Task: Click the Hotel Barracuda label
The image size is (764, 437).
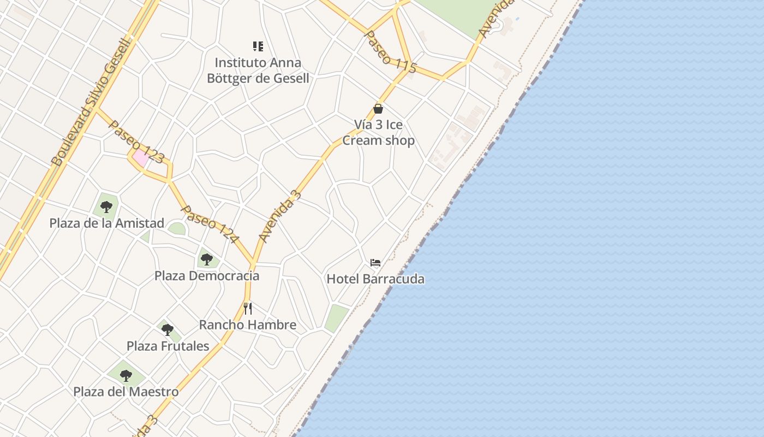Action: (x=375, y=279)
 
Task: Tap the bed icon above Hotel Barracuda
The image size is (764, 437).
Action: (x=375, y=263)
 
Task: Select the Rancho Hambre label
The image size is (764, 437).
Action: (x=248, y=324)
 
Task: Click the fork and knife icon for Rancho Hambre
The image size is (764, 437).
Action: (x=248, y=309)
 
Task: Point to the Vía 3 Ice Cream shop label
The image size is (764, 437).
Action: (x=378, y=132)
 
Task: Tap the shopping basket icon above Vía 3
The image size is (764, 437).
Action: (x=378, y=109)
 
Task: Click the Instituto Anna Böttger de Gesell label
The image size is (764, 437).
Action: (x=258, y=70)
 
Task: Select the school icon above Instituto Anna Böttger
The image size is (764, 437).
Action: (x=258, y=46)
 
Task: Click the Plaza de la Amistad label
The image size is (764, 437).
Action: (x=107, y=223)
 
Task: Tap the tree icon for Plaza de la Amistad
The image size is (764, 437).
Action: (x=106, y=206)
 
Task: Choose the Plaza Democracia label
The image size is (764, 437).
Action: (x=207, y=275)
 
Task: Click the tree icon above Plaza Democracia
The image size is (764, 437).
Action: (x=206, y=259)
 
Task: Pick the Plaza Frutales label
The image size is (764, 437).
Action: (x=168, y=346)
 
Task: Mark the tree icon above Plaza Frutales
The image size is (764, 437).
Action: (x=168, y=330)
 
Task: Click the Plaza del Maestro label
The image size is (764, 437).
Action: (x=126, y=392)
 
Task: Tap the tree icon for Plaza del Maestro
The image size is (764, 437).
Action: (x=126, y=376)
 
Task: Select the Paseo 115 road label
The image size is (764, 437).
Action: (x=390, y=52)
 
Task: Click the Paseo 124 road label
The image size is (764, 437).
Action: (x=210, y=225)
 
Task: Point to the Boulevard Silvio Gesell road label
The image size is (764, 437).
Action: (x=92, y=102)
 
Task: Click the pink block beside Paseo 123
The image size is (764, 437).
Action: (x=140, y=158)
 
